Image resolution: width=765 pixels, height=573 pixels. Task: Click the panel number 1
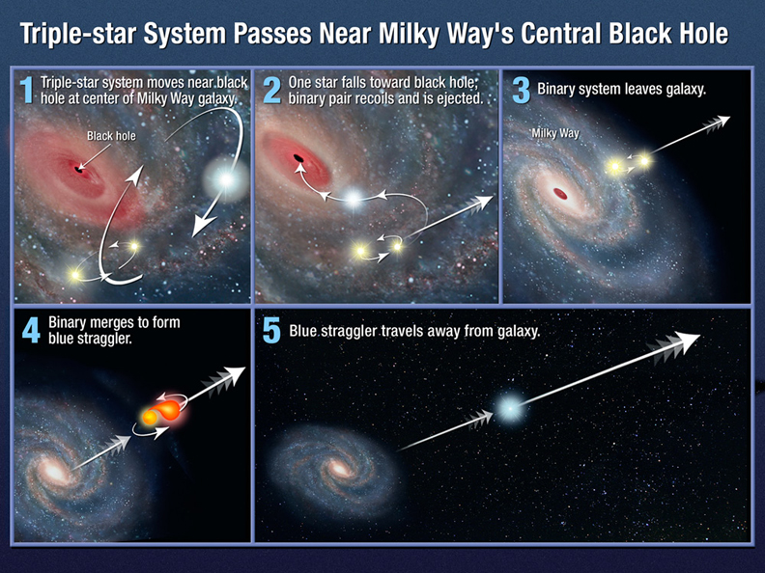(27, 90)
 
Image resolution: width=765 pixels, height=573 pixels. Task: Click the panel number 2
(271, 90)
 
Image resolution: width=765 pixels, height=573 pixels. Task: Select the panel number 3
(520, 90)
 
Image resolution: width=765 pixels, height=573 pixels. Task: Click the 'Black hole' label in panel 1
(111, 136)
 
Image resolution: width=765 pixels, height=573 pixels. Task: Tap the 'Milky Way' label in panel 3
(556, 133)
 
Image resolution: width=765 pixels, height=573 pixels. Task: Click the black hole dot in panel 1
(76, 170)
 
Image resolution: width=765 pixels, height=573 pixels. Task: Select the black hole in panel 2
(299, 158)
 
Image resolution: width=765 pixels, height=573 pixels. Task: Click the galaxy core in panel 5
(338, 470)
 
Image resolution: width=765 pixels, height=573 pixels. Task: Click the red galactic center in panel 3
(559, 195)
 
